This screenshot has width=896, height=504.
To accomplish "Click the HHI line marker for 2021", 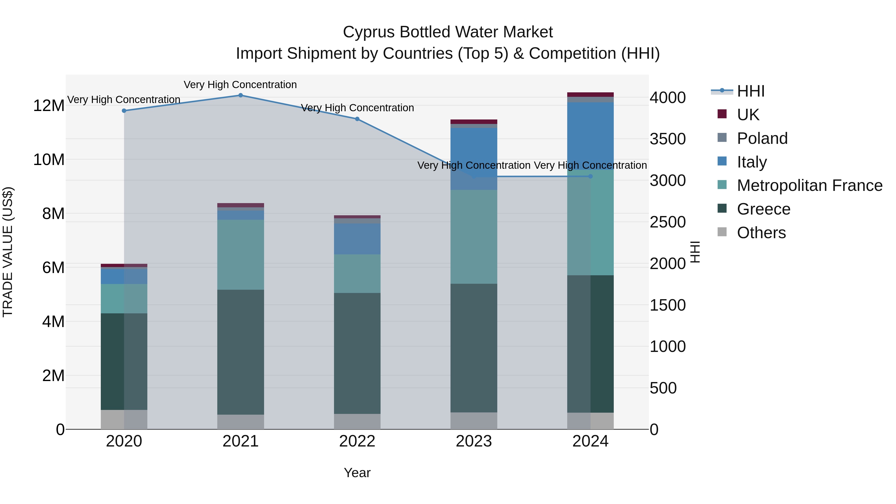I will pyautogui.click(x=240, y=95).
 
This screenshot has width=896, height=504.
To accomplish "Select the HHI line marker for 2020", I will pyautogui.click(x=124, y=111).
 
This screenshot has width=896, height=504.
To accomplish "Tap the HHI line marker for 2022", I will pyautogui.click(x=357, y=119).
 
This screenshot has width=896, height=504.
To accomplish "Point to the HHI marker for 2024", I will pyautogui.click(x=590, y=176).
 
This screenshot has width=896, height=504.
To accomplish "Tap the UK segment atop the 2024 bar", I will pyautogui.click(x=590, y=95).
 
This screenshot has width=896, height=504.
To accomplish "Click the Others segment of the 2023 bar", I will pyautogui.click(x=474, y=421).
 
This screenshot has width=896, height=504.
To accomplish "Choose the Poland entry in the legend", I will pyautogui.click(x=762, y=138).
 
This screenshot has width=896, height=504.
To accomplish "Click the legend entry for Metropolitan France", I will pyautogui.click(x=809, y=185).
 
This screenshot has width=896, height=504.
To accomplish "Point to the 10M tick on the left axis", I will pyautogui.click(x=49, y=160).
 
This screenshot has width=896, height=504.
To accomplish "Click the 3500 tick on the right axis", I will pyautogui.click(x=668, y=139).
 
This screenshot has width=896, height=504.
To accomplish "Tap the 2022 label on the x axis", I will pyautogui.click(x=357, y=441).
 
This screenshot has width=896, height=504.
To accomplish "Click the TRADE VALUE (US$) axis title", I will pyautogui.click(x=8, y=252).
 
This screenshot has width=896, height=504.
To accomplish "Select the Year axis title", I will pyautogui.click(x=357, y=473).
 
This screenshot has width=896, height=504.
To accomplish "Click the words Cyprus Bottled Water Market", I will pyautogui.click(x=448, y=32).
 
